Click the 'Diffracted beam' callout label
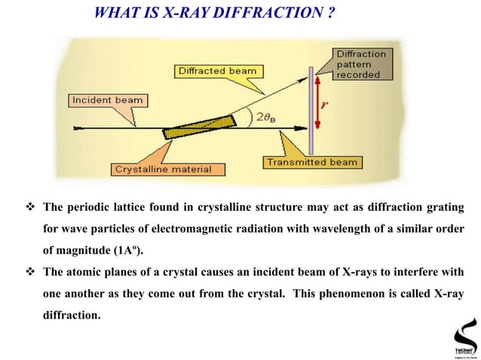(216, 72)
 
